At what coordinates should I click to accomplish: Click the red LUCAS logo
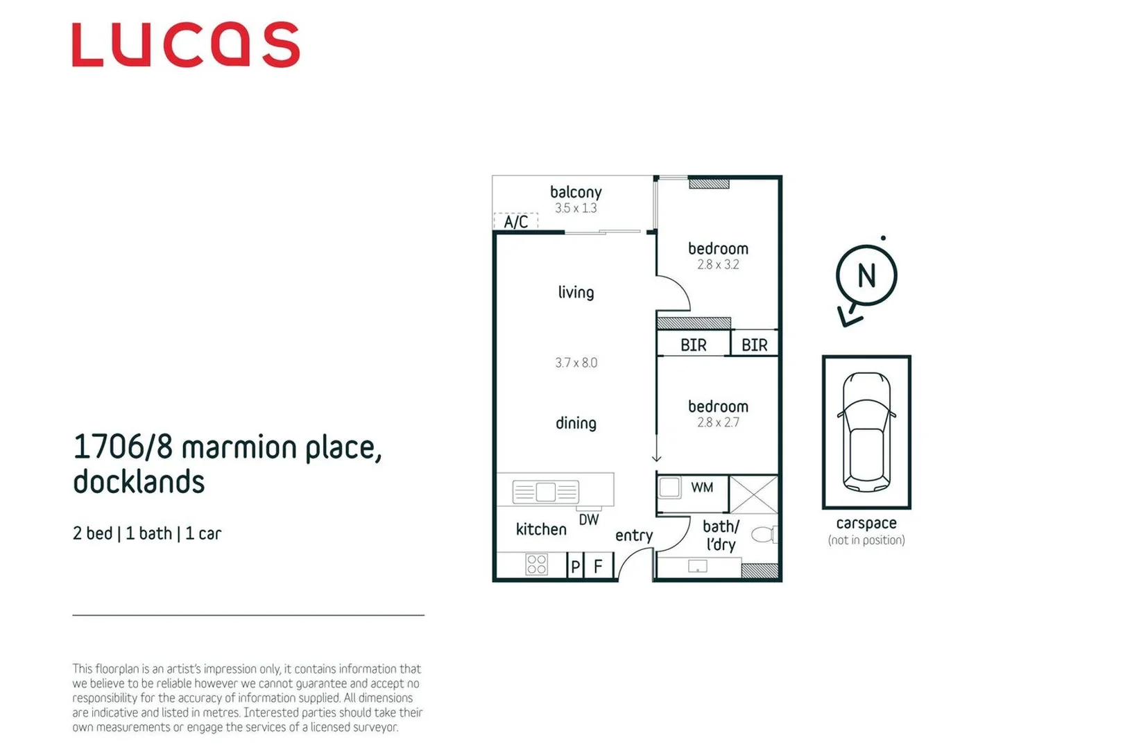[x=185, y=44]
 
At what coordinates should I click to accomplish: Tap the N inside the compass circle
[x=866, y=276]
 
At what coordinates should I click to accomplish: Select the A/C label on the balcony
[x=516, y=222]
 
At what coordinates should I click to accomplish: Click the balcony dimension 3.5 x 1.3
[x=576, y=208]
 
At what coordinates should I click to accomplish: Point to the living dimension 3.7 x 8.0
[x=576, y=363]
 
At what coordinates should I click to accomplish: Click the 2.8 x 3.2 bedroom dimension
[x=718, y=264]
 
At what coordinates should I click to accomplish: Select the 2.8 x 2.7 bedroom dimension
[x=718, y=422]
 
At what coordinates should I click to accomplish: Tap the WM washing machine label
[x=702, y=488]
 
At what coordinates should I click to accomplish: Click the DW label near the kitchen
[x=589, y=519]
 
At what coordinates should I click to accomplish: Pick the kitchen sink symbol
[x=546, y=492]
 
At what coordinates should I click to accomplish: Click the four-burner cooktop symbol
[x=536, y=565]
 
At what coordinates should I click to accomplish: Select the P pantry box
[x=575, y=567]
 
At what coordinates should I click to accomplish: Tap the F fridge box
[x=598, y=567]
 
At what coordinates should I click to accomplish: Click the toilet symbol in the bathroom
[x=764, y=535]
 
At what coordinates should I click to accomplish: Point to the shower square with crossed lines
[x=753, y=494]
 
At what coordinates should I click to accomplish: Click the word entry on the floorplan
[x=634, y=535]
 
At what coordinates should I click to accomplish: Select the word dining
[x=576, y=423]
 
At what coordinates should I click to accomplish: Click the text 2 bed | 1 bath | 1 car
[x=147, y=533]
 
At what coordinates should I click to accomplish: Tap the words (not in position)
[x=866, y=540]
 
